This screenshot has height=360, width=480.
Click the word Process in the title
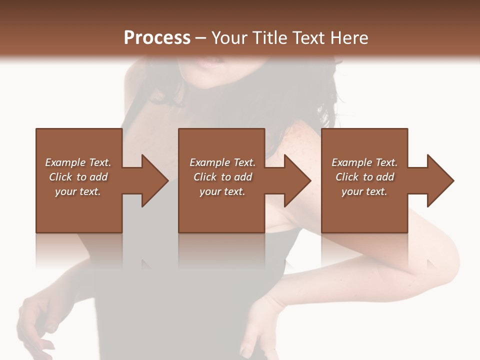157,38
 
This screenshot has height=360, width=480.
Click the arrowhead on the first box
152,180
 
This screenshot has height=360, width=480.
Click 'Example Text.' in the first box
78,162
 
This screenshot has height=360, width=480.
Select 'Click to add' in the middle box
222,177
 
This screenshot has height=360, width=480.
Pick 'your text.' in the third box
364,191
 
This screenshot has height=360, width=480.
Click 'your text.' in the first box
78,191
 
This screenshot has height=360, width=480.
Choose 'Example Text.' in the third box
364,162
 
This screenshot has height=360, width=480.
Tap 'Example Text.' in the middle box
222,162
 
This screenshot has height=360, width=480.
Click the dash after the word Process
201,38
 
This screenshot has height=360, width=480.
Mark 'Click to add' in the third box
364,177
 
